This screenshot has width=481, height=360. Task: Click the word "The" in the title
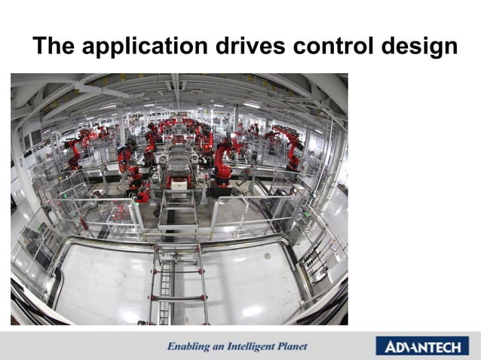tap(54, 46)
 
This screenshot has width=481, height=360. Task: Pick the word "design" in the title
tap(418, 47)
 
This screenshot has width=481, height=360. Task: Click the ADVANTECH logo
tap(421, 346)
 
